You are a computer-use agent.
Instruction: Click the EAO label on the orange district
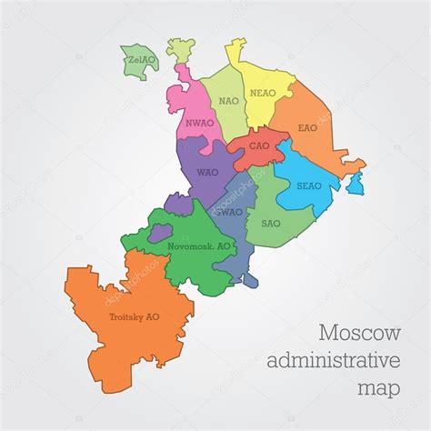click(x=307, y=128)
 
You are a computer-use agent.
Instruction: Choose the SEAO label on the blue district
click(x=306, y=185)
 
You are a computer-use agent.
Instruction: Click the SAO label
click(x=270, y=222)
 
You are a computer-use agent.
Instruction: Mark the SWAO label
click(x=229, y=212)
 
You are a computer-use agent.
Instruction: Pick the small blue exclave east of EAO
click(x=356, y=185)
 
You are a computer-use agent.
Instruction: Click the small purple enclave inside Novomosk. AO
click(x=161, y=234)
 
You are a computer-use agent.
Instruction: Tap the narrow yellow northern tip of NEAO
click(x=236, y=50)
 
